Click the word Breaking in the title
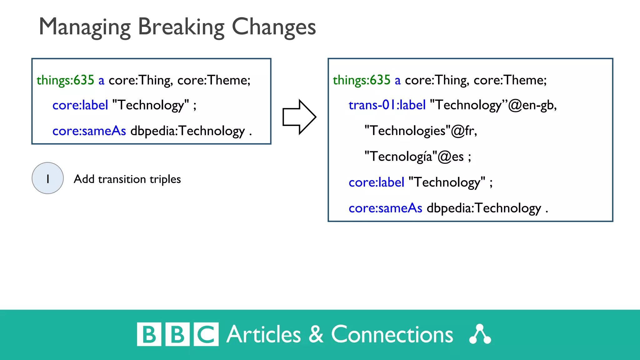[181, 27]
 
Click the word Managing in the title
[84, 27]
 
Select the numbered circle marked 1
[48, 178]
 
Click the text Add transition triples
[127, 179]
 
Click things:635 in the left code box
[65, 80]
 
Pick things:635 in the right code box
[362, 80]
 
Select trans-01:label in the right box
[387, 105]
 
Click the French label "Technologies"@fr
[421, 131]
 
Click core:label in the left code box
[80, 105]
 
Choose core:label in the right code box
[376, 182]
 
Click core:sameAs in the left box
[89, 131]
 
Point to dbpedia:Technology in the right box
[484, 208]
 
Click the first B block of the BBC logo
[149, 334]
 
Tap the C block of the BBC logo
[206, 334]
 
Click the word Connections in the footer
[392, 334]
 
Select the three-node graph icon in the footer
[480, 334]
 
